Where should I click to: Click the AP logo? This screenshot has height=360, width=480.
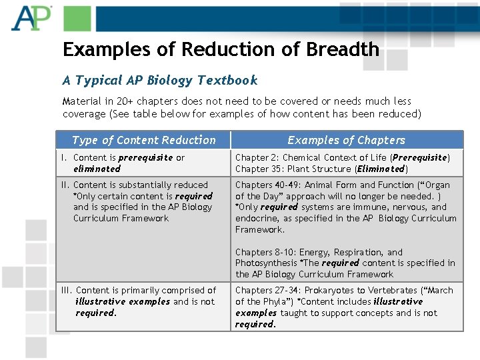point(31,18)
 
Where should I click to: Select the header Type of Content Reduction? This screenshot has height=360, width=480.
point(143,140)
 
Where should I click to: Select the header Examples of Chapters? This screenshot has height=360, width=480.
point(346,140)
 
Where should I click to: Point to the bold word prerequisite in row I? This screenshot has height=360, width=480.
point(145,158)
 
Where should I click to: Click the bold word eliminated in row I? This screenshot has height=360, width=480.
point(97,169)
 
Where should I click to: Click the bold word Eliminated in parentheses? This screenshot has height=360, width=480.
point(381,169)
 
